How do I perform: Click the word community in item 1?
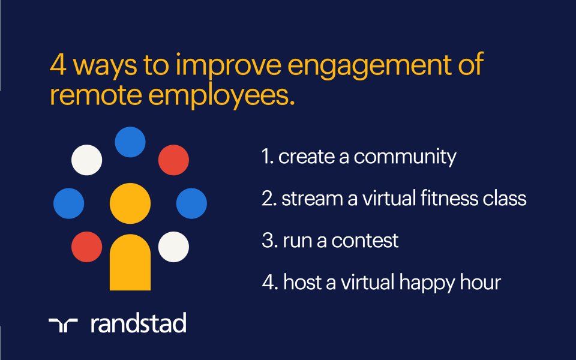click(x=405, y=157)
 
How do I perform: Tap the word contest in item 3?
click(x=365, y=241)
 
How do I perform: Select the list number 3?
click(x=268, y=241)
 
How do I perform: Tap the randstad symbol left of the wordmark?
click(x=64, y=324)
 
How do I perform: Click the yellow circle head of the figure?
click(x=130, y=203)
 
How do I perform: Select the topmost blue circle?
click(x=130, y=142)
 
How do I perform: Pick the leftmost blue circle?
click(x=69, y=203)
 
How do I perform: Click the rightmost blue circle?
click(x=191, y=203)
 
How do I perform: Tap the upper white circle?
click(x=87, y=160)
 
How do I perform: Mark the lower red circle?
click(x=87, y=247)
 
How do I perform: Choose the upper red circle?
click(x=173, y=160)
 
